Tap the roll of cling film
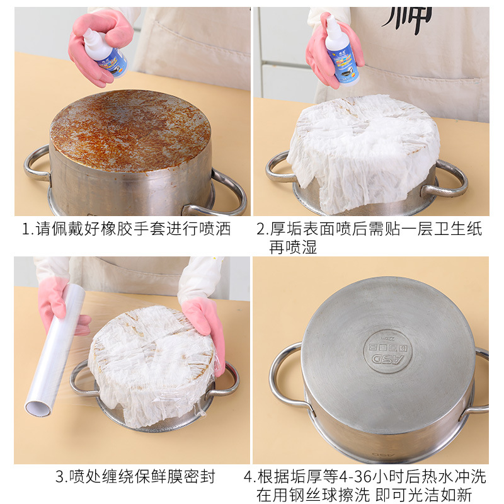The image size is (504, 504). pos(55,350)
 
